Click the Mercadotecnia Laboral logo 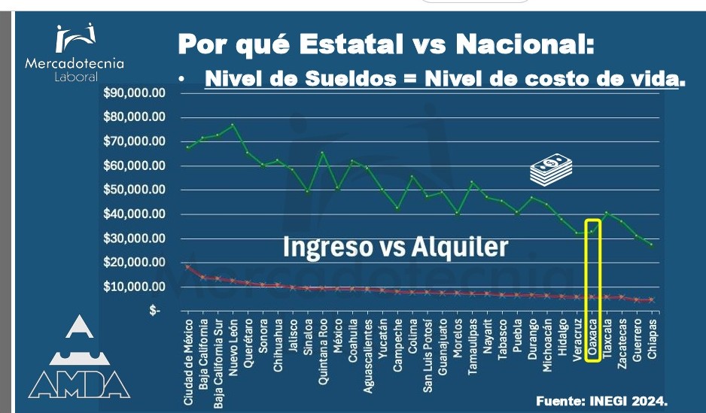(75, 52)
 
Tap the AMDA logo (79, 357)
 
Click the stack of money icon (551, 169)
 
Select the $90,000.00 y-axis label (134, 93)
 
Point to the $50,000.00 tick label (134, 190)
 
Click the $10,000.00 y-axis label (134, 286)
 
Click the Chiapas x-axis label (652, 339)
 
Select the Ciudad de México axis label (189, 362)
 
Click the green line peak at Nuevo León (233, 125)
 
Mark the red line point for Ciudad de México (188, 267)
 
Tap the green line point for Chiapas (652, 245)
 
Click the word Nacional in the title (525, 44)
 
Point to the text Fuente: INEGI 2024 (601, 401)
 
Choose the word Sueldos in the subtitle (351, 79)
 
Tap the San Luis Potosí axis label (428, 355)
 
